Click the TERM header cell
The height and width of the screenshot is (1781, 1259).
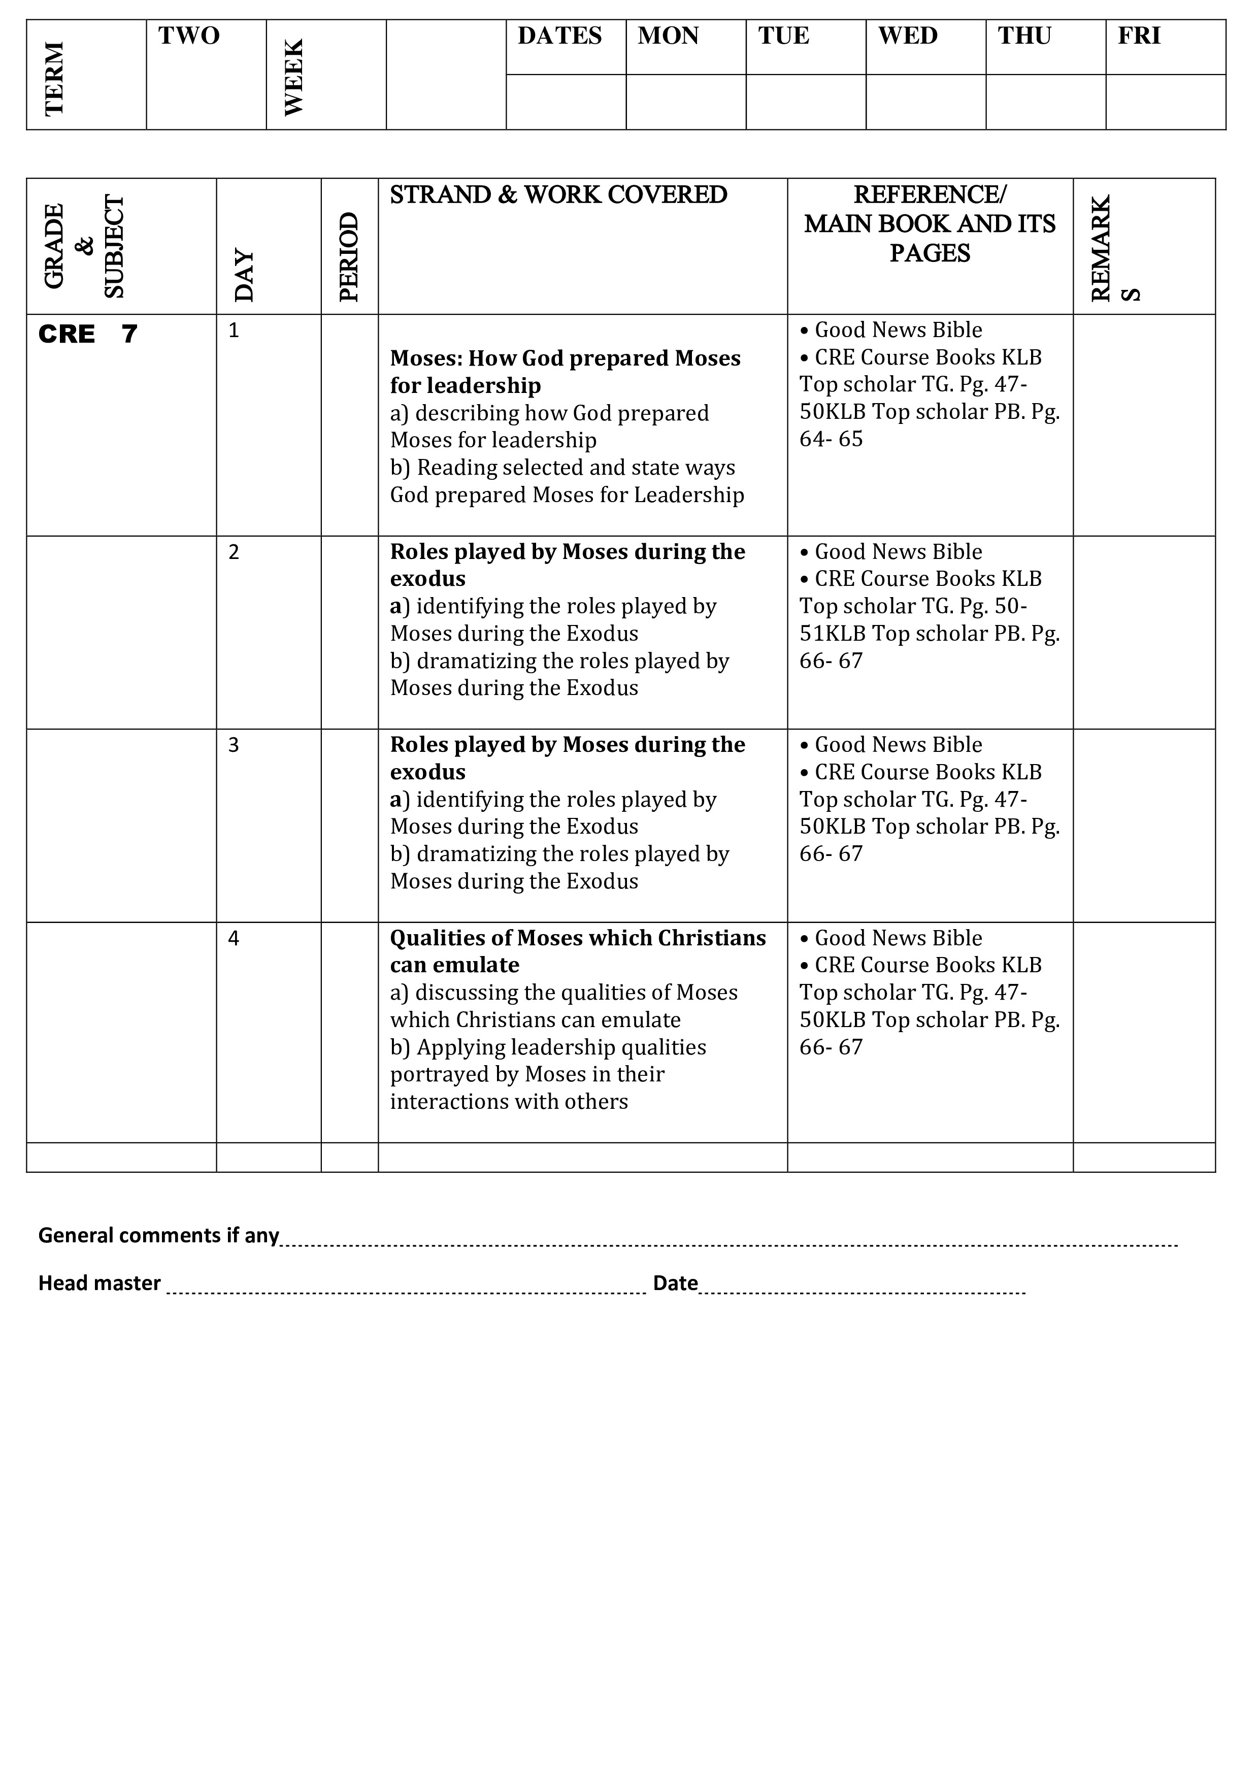(x=54, y=78)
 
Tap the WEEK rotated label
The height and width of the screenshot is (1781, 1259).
(x=294, y=78)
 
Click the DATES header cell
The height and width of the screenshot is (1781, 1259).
(x=559, y=36)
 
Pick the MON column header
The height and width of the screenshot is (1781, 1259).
(x=668, y=36)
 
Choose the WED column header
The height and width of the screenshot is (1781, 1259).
(x=908, y=36)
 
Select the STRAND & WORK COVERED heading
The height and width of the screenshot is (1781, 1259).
(x=558, y=194)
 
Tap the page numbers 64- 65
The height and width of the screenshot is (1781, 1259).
(x=831, y=439)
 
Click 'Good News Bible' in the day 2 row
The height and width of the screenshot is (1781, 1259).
(x=898, y=551)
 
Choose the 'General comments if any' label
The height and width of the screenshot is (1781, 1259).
(x=158, y=1235)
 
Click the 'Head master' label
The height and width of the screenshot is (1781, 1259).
(x=100, y=1283)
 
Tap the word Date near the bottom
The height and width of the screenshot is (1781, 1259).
(x=675, y=1283)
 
